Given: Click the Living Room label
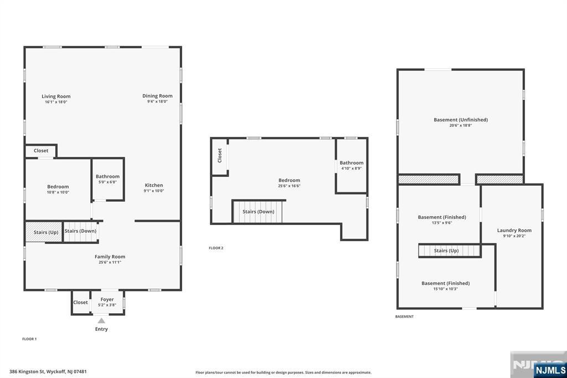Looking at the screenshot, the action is tap(56, 96).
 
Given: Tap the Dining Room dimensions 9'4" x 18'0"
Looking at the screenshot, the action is tap(157, 102).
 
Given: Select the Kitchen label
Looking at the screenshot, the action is tap(154, 185).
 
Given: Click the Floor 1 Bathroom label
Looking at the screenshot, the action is tap(107, 176).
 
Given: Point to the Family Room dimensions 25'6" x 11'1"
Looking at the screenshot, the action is tap(110, 262).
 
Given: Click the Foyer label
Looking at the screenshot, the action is tap(107, 299).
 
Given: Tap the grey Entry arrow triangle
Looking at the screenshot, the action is tap(101, 320).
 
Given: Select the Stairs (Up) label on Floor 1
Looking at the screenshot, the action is tap(46, 232).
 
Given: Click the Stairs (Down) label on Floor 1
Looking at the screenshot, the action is tap(80, 231).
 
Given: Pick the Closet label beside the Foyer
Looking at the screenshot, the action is tap(80, 302).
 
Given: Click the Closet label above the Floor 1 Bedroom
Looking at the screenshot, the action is tap(41, 151).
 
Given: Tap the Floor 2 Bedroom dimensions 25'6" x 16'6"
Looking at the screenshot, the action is tap(289, 186).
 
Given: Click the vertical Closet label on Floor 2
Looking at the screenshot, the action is tap(219, 155).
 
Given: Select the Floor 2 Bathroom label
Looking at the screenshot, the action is tap(352, 163).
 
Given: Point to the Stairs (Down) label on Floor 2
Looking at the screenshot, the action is tap(258, 212).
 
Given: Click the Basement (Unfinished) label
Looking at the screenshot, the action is tap(461, 120).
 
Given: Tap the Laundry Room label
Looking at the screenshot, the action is tap(514, 230).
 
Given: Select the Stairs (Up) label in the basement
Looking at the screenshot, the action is tap(446, 251).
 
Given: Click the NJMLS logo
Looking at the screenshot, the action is tap(550, 370).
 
